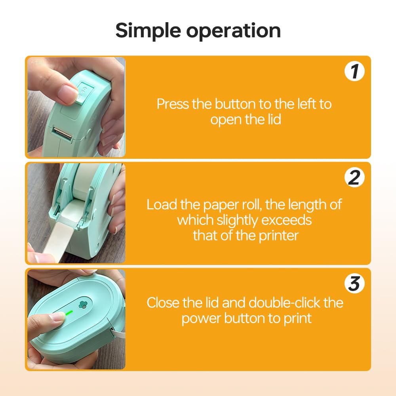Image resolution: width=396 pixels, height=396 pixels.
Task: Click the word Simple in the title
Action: [x=148, y=31]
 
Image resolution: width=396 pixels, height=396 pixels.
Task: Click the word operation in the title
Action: [x=233, y=31]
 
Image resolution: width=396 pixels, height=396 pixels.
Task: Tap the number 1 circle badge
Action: [x=354, y=71]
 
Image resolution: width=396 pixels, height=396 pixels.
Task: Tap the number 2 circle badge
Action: [x=354, y=177]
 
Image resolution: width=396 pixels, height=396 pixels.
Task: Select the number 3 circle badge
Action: [x=354, y=284]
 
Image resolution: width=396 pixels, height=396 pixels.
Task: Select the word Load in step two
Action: [x=162, y=204]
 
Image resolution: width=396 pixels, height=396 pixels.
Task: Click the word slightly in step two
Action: [x=237, y=221]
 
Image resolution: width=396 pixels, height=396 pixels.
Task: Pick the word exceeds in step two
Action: [x=286, y=220]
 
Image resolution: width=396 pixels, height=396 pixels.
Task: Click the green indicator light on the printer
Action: [x=69, y=313]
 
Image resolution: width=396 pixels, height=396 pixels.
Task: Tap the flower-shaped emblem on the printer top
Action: [x=82, y=305]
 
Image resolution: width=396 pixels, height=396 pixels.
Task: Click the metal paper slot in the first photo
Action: [x=63, y=133]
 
